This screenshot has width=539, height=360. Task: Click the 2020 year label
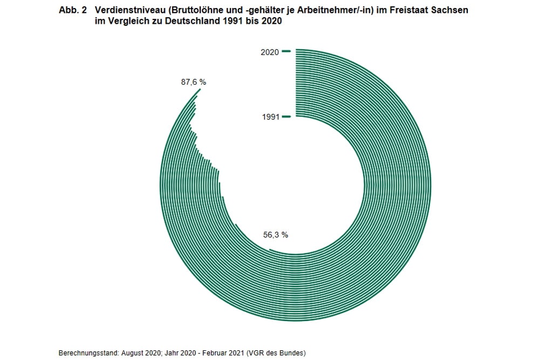click(x=269, y=52)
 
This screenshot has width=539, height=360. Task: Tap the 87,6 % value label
click(x=193, y=82)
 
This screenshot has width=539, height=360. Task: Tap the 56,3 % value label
click(x=275, y=235)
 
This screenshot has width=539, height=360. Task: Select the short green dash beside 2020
click(x=286, y=51)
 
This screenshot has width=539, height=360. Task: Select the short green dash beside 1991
click(x=286, y=116)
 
